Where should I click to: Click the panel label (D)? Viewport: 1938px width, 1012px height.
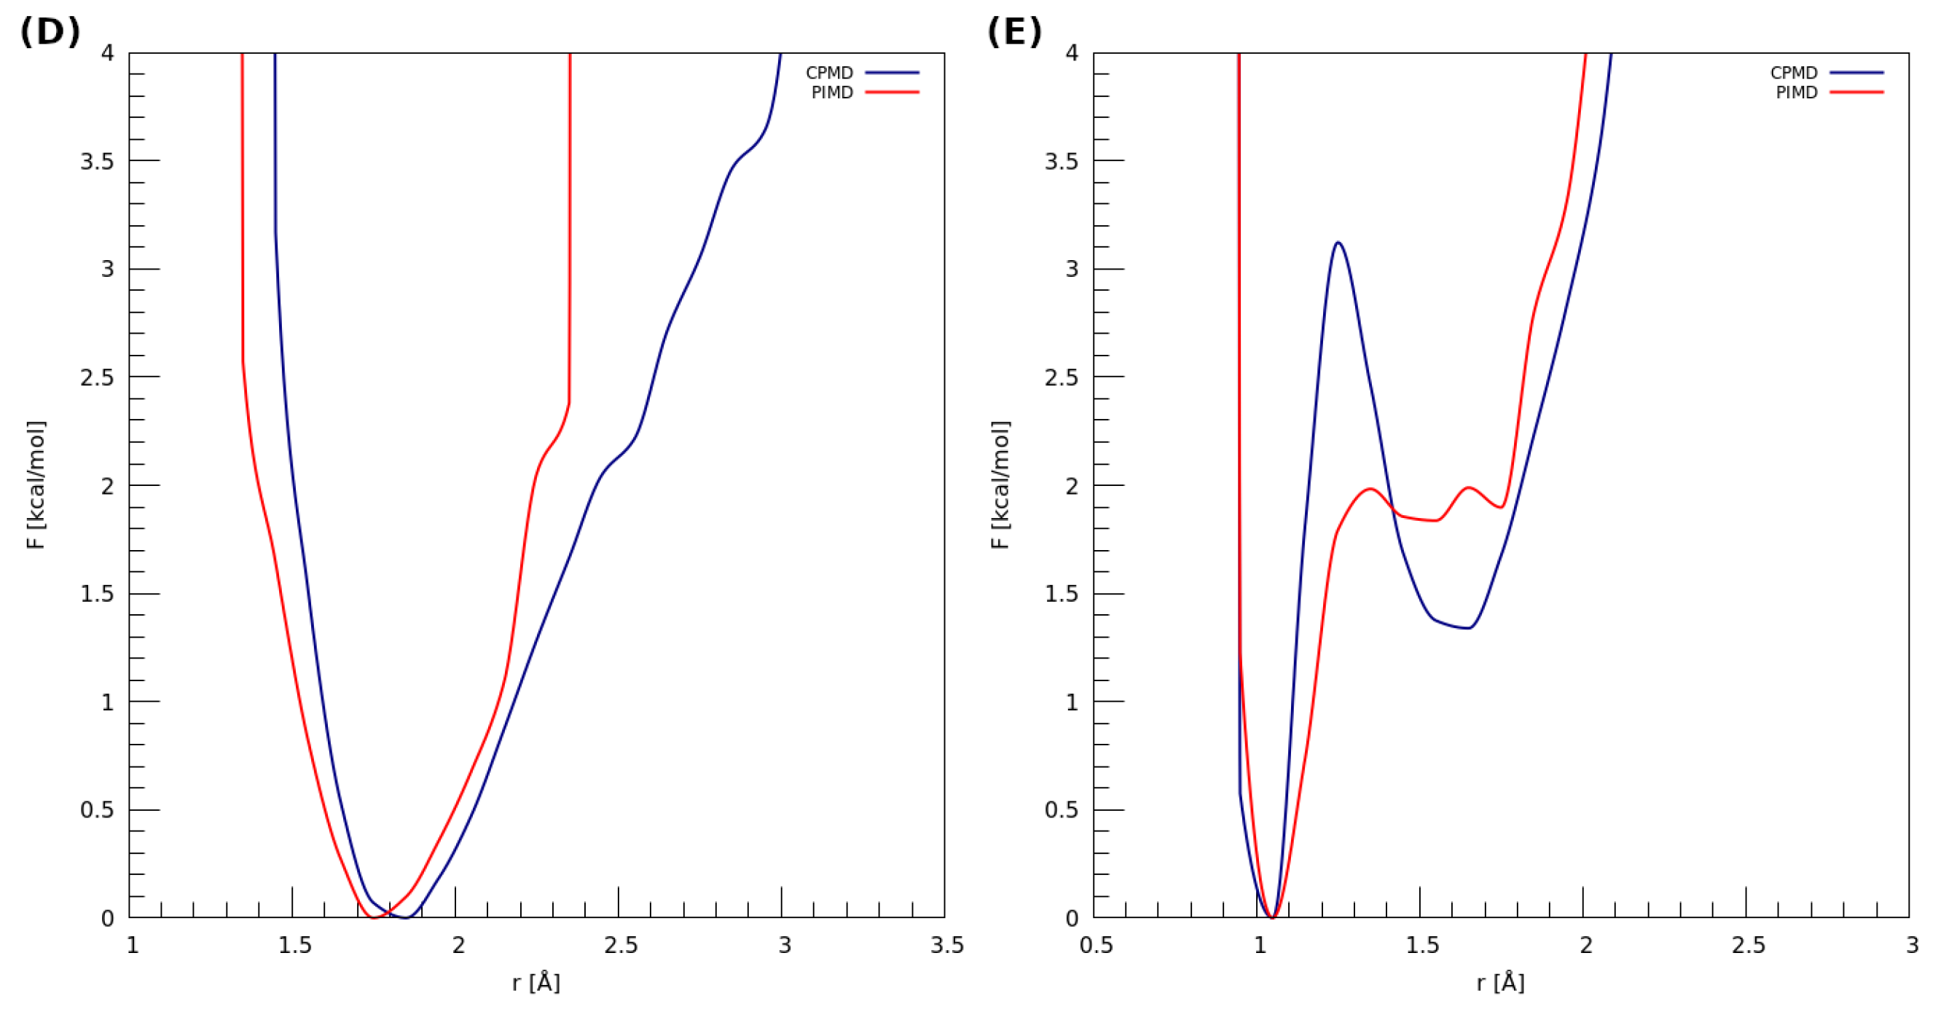click(x=50, y=32)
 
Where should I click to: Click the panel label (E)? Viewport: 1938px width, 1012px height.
click(x=1013, y=32)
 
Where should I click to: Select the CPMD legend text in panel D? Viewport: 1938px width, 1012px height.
click(x=829, y=73)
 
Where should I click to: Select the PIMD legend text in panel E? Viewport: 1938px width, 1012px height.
click(x=1796, y=93)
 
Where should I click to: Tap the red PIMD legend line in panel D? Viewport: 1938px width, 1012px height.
click(x=892, y=93)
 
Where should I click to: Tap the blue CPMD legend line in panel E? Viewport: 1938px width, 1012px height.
click(x=1856, y=73)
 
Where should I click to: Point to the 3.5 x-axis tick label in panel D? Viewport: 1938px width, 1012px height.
click(x=946, y=945)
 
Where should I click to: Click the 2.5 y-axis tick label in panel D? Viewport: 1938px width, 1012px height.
click(x=97, y=377)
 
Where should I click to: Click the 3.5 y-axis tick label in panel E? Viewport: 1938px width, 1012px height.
click(x=1061, y=162)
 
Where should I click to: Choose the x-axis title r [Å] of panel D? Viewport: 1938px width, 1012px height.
click(x=535, y=983)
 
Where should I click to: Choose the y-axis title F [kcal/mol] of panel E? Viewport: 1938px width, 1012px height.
click(x=1000, y=485)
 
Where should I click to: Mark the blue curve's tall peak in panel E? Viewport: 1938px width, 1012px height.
click(x=1338, y=243)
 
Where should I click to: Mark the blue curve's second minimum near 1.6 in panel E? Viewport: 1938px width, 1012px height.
click(x=1467, y=627)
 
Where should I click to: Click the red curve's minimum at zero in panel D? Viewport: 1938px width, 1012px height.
click(x=374, y=917)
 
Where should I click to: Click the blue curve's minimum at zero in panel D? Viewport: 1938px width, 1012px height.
click(x=407, y=917)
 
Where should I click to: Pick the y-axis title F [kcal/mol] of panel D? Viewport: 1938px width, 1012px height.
click(x=36, y=485)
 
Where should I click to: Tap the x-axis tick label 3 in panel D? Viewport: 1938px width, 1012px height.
click(x=785, y=945)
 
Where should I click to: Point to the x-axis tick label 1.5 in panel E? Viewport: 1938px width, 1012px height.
click(x=1422, y=945)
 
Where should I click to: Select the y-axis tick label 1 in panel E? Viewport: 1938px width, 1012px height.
click(x=1072, y=702)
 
